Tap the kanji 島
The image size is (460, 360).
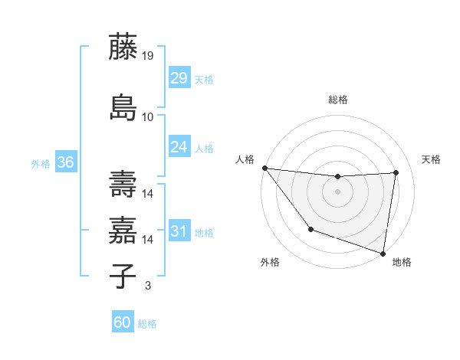123,107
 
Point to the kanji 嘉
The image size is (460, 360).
123,230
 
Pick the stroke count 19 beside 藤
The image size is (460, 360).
148,55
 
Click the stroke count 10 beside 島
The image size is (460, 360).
148,117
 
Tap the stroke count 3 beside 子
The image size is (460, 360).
147,286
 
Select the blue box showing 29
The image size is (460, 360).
179,77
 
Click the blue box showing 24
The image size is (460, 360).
179,146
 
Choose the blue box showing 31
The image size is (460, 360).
179,231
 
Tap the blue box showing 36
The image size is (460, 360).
65,162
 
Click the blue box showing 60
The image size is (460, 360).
123,322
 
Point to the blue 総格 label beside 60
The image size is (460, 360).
148,324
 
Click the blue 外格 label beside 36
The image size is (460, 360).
41,163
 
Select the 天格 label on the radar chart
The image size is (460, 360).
431,159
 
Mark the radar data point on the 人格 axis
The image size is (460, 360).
264,168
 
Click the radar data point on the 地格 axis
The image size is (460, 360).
383,252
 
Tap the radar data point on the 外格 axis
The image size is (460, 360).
310,229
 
